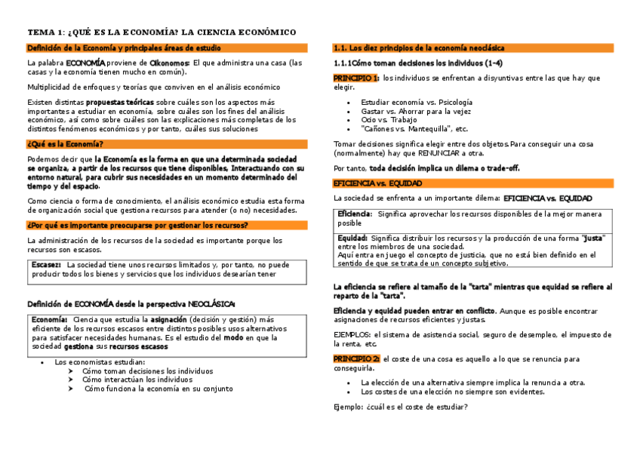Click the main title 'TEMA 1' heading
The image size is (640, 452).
point(161,32)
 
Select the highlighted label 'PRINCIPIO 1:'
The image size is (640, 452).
point(356,78)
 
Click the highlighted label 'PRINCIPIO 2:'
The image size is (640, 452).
point(356,358)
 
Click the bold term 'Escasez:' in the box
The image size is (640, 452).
point(47,265)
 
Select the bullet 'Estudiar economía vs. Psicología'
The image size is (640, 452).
point(417,102)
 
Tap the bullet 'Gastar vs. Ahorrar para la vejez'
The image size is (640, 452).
point(416,111)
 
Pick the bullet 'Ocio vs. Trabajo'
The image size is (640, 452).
point(389,120)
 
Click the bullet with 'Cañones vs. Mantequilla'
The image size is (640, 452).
point(414,129)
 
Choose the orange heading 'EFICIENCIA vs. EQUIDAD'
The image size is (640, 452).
point(377,183)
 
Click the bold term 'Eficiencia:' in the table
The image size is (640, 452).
point(355,214)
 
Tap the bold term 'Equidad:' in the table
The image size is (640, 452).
point(352,238)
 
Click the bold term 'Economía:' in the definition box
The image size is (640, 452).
point(50,320)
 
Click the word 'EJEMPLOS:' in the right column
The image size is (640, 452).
point(352,334)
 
